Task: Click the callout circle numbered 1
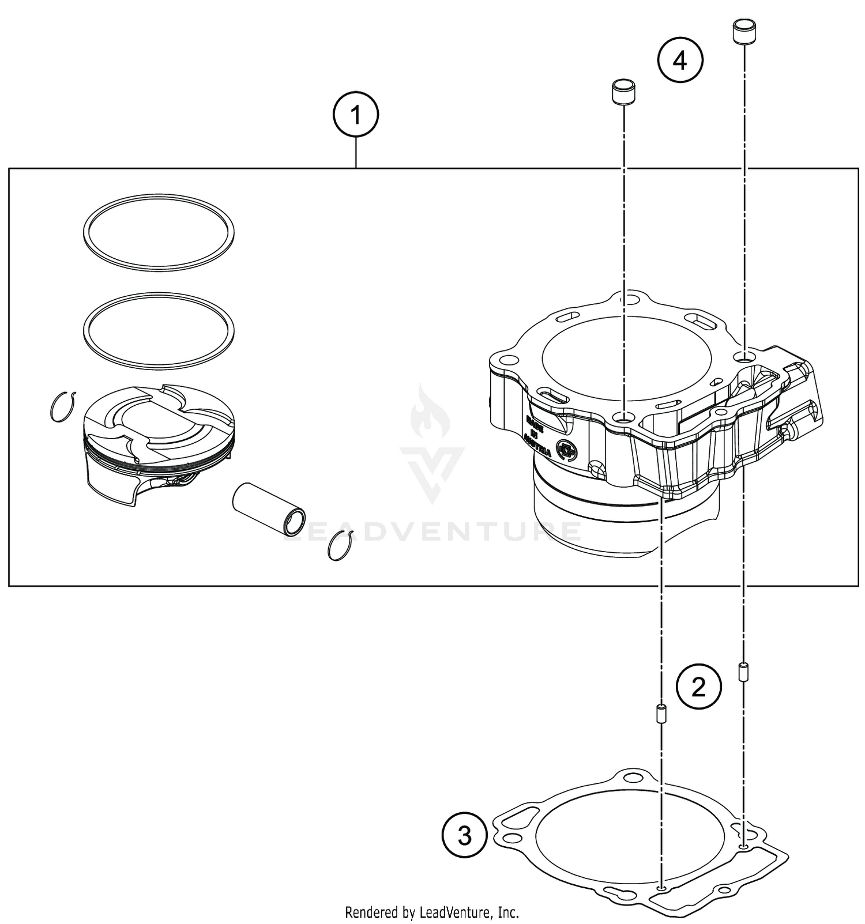(356, 116)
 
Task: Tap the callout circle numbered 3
(465, 835)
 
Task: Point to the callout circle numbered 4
(680, 60)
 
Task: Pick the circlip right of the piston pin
(340, 545)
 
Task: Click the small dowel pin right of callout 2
(743, 671)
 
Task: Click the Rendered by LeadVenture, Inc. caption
(432, 912)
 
